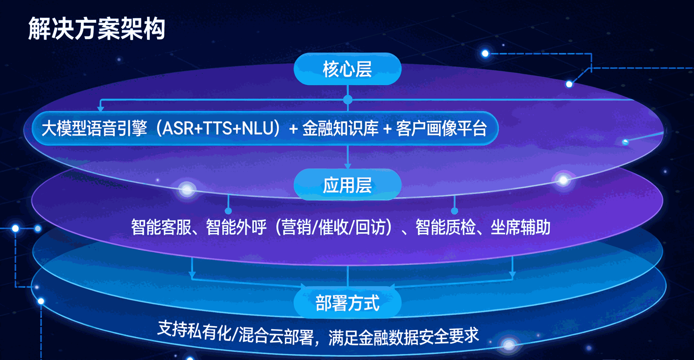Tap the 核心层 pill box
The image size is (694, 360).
(x=348, y=69)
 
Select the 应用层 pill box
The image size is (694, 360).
(x=348, y=185)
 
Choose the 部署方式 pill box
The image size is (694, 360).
(x=348, y=302)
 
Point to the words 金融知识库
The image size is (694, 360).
(x=340, y=128)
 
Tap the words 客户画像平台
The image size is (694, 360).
(x=441, y=128)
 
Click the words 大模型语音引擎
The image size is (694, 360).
(x=95, y=128)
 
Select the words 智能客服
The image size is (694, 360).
(x=161, y=227)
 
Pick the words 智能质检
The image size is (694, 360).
(x=446, y=227)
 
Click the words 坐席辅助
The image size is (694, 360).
(x=521, y=227)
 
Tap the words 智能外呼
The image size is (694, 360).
(x=236, y=227)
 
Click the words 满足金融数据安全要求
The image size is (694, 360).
(x=404, y=336)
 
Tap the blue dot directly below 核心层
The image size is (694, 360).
(x=348, y=100)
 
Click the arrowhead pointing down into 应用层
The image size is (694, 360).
(x=348, y=166)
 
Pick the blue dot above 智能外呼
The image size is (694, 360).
(x=228, y=211)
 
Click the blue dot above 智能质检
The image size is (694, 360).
(x=454, y=211)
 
